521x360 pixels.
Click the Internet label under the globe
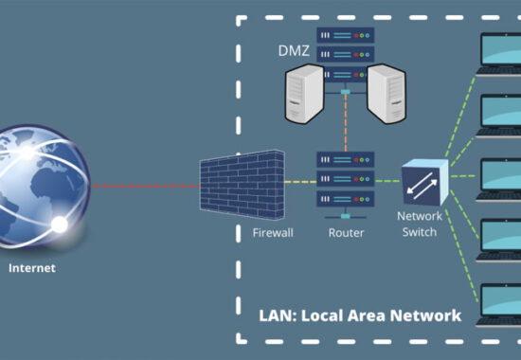pos(32,268)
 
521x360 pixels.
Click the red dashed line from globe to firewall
pos(146,186)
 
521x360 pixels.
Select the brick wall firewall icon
pos(243,185)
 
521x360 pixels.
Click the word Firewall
pos(273,233)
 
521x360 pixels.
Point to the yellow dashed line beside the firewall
pos(300,182)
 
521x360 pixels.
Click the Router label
pos(346,233)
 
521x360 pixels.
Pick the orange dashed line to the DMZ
pos(346,122)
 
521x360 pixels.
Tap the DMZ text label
pos(294,51)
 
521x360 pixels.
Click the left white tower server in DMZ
pos(305,94)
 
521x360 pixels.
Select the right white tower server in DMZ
pos(386,94)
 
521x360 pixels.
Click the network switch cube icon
pos(425,182)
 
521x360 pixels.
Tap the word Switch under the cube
pos(420,232)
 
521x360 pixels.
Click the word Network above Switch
pos(420,216)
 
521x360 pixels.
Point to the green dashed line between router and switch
pos(387,181)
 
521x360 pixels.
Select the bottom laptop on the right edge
pos(498,305)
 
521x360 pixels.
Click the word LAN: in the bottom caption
pos(278,315)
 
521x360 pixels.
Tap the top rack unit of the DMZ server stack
pos(346,35)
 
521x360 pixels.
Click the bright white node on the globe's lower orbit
pos(60,225)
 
